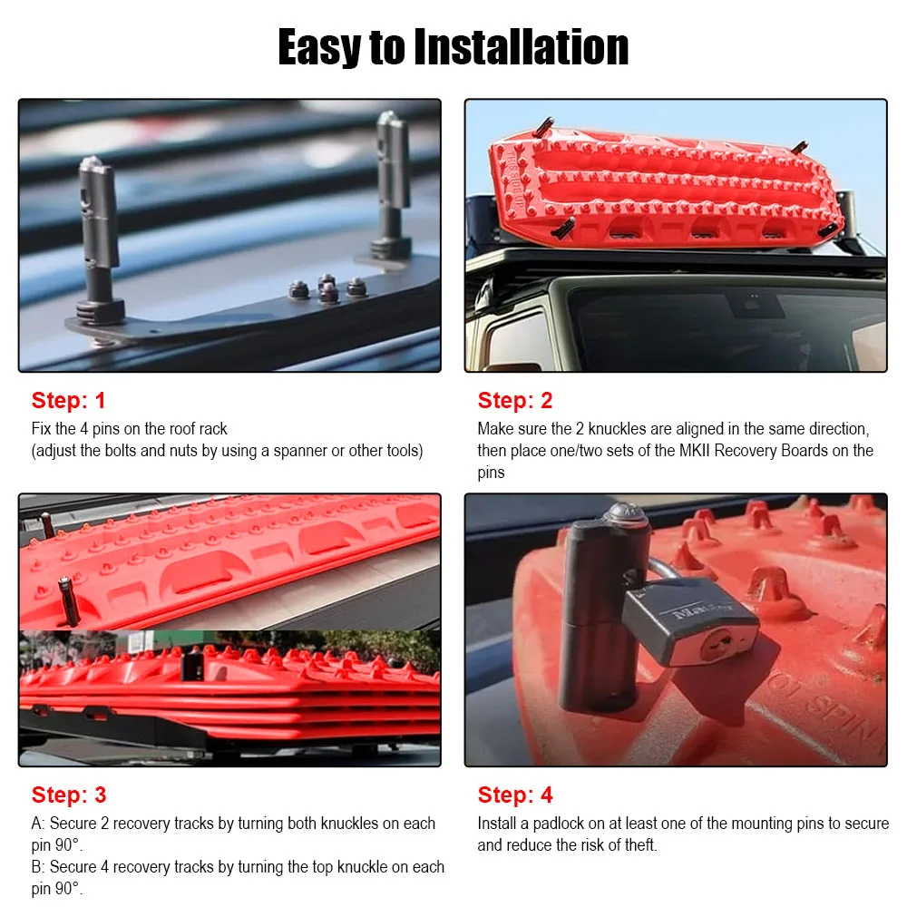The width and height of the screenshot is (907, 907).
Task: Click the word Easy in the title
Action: [x=319, y=47]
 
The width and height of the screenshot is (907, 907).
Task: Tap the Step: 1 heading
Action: [x=69, y=400]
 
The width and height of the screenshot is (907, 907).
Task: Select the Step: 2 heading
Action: [x=515, y=400]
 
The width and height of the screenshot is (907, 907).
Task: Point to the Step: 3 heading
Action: [x=69, y=795]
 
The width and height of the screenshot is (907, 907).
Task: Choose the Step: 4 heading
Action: [x=515, y=795]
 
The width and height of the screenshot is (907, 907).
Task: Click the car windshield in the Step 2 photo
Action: [x=717, y=327]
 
